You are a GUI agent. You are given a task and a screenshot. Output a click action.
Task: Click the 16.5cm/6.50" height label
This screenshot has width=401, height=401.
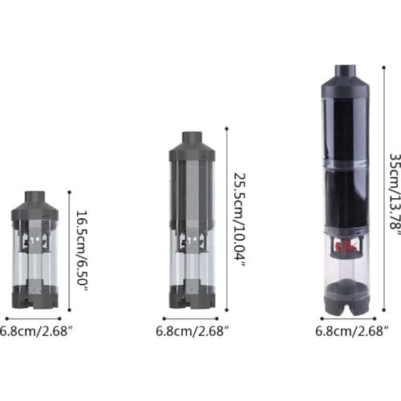coord(82,251)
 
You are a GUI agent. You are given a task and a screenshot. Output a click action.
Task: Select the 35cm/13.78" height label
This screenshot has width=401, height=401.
coord(395,194)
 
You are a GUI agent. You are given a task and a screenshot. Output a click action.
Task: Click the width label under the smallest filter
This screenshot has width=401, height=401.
coord(36,331)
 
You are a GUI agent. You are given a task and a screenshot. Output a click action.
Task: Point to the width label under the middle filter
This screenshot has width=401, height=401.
coord(192,331)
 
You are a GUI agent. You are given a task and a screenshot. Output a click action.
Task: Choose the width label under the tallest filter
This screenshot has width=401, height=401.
coord(351,331)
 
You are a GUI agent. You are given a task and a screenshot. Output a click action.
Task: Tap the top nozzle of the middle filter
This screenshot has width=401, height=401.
coord(192,138)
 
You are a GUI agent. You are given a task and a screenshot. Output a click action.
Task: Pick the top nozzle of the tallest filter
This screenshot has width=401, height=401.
coord(346,71)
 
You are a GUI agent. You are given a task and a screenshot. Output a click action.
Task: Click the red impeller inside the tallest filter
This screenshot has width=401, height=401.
coord(346,245)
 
